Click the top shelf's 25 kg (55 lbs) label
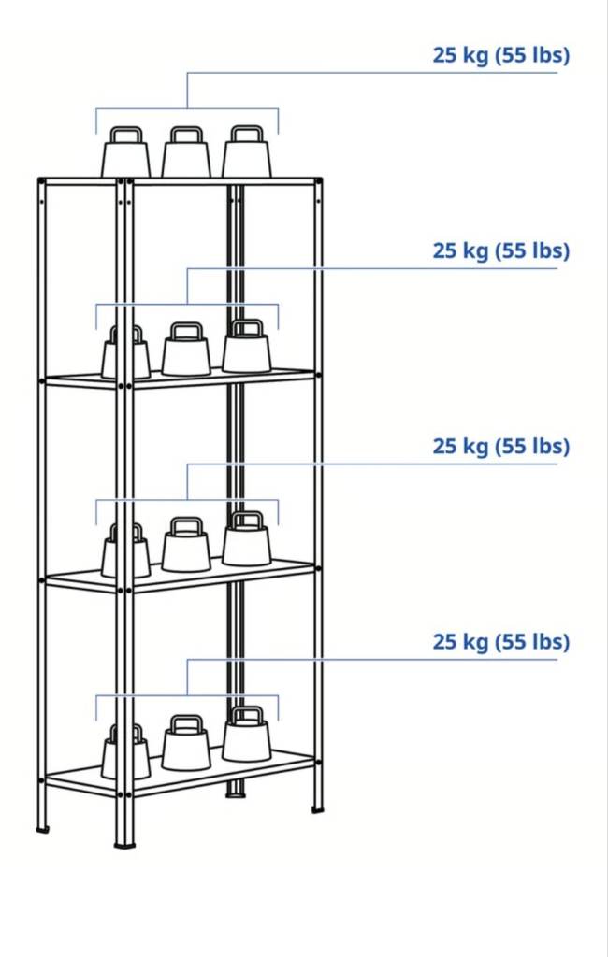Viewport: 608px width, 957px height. [x=501, y=55]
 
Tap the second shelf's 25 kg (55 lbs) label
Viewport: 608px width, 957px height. [x=501, y=250]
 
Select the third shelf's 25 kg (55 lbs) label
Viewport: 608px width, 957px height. [x=501, y=446]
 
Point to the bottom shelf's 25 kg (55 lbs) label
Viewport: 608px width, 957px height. [x=501, y=641]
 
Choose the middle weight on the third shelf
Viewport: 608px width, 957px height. [x=186, y=545]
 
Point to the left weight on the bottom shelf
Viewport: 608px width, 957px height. [x=126, y=752]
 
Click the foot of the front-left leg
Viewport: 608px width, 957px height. [x=124, y=845]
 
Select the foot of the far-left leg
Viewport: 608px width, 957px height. [x=42, y=829]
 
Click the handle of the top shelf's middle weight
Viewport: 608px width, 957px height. [x=186, y=135]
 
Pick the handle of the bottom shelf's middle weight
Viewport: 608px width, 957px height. [x=186, y=723]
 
